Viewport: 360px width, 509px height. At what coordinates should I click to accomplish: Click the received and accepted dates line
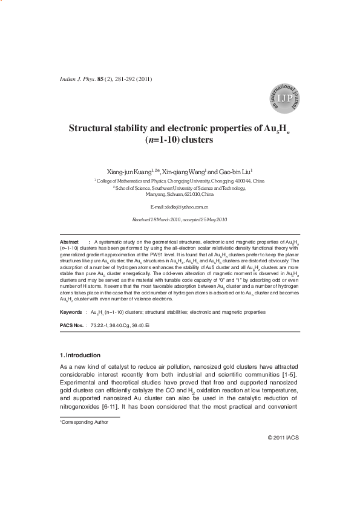click(x=179, y=219)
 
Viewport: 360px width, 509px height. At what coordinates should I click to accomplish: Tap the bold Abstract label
click(x=70, y=241)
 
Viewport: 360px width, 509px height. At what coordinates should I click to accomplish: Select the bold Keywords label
click(x=71, y=312)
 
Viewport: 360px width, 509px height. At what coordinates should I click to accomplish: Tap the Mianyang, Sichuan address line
click(x=179, y=195)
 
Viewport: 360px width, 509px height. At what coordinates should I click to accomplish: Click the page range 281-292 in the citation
click(x=126, y=79)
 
